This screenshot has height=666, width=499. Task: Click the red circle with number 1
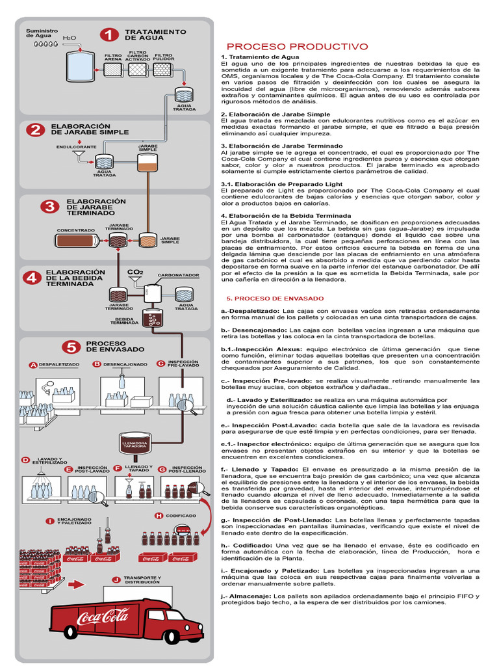point(110,35)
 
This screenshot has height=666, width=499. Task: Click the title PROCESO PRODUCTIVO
point(297,47)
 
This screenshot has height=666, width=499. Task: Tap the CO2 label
point(135,271)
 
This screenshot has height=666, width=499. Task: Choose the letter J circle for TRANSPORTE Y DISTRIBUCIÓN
point(116,579)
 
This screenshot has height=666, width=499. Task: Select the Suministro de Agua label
point(42,33)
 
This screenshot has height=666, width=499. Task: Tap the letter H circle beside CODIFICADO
point(158,515)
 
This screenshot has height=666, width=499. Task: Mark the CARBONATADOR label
point(178,275)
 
